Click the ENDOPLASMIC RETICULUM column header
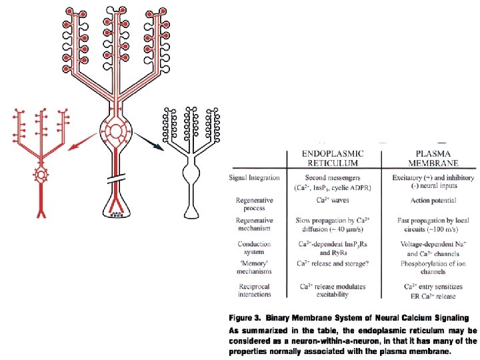click(x=333, y=158)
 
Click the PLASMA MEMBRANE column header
click(x=433, y=158)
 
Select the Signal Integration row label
click(x=255, y=177)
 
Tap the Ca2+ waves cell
click(x=333, y=200)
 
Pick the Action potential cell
click(x=433, y=201)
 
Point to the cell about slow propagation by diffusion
click(x=333, y=225)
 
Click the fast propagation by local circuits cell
click(x=433, y=225)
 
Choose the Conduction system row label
click(x=255, y=247)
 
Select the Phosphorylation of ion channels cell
click(x=433, y=267)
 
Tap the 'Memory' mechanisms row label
click(x=255, y=267)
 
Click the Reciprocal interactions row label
click(x=255, y=290)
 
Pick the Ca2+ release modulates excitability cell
click(x=333, y=291)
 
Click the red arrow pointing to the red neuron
click(x=83, y=141)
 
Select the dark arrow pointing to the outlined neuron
click(x=149, y=141)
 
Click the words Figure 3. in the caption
click(x=244, y=318)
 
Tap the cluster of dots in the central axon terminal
click(x=116, y=214)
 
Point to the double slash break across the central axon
click(x=116, y=178)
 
